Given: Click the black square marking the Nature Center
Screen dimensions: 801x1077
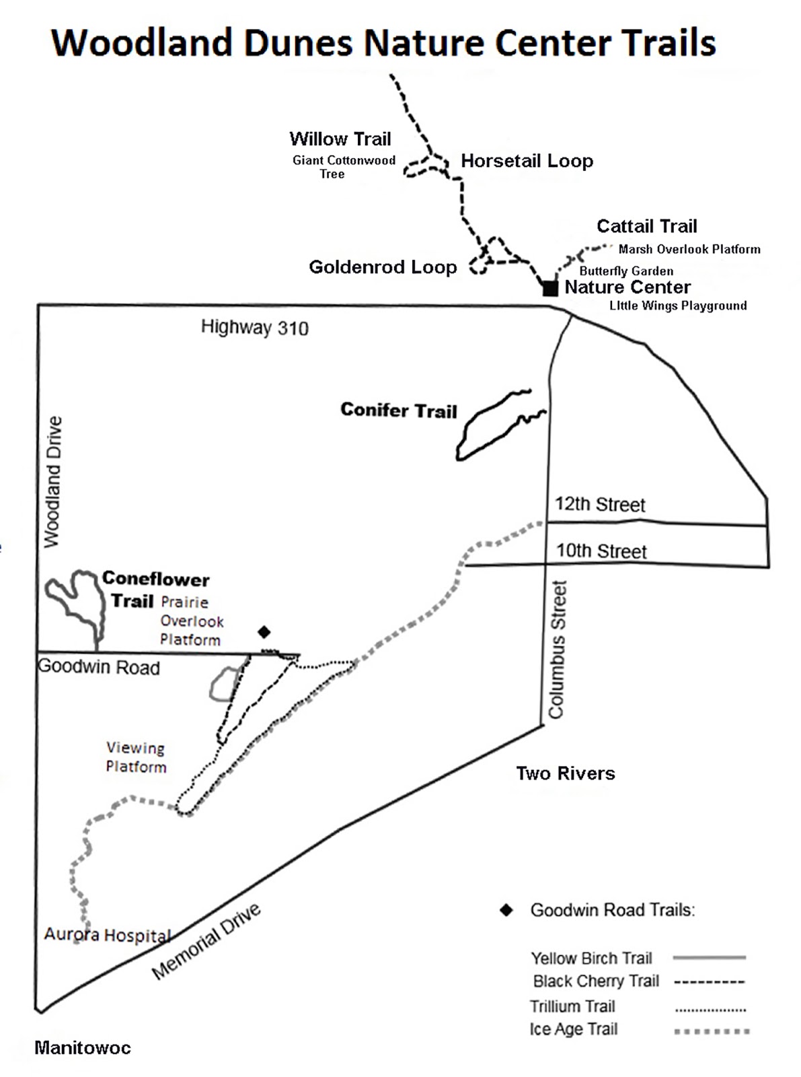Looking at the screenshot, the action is (550, 289).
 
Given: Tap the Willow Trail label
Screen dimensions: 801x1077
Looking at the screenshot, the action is (340, 139).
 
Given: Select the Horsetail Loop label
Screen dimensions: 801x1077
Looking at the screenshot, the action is (527, 161).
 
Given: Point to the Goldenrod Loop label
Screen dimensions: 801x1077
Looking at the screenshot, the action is (383, 267).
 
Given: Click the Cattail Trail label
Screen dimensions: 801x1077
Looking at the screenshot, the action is (646, 226).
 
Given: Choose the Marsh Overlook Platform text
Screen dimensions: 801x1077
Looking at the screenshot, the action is (689, 249).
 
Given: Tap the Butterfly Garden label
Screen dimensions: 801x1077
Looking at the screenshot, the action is (626, 271).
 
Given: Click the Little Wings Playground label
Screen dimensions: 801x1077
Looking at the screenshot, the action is (678, 306).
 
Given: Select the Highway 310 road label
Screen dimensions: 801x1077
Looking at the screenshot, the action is (254, 328).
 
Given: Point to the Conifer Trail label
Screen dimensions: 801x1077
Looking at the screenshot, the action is (398, 410).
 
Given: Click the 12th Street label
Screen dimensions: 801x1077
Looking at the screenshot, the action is (600, 504).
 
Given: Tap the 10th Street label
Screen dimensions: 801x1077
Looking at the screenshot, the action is (601, 551).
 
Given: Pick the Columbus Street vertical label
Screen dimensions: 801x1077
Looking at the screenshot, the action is (557, 650).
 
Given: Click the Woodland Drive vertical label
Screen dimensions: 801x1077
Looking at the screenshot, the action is (52, 481).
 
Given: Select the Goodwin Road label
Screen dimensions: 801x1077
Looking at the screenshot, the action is (99, 668).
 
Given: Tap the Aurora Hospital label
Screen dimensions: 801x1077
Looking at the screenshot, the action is (108, 935).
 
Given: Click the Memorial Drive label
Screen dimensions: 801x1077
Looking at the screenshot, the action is (206, 942).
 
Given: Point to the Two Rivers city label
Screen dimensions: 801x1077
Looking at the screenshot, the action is (565, 773).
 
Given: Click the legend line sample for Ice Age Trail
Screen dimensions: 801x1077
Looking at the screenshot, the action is (712, 1031).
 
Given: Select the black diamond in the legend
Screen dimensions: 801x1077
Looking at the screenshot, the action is (506, 911).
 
